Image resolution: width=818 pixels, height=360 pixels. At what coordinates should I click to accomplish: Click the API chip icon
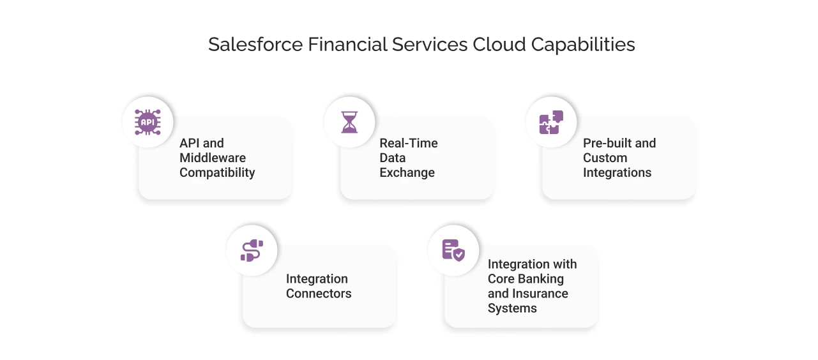click(x=148, y=122)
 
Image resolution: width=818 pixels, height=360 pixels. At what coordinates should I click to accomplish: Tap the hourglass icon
click(x=349, y=122)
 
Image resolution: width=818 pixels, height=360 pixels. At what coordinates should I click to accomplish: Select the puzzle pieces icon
click(x=551, y=122)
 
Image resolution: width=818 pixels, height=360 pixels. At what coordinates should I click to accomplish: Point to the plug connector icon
click(x=252, y=250)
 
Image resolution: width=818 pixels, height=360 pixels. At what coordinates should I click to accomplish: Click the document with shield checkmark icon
click(x=453, y=250)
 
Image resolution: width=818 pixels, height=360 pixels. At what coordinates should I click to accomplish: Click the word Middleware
click(x=213, y=158)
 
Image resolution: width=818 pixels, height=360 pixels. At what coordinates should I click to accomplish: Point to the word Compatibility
click(x=217, y=172)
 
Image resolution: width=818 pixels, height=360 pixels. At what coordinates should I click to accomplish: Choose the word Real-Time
click(x=409, y=143)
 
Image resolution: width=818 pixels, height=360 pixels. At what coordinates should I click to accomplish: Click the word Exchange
click(x=407, y=172)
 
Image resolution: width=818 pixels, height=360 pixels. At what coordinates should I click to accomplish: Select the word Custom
click(x=605, y=158)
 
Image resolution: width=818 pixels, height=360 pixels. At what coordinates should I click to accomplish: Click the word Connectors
click(x=319, y=294)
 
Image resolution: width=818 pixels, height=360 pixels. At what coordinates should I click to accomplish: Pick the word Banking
click(x=541, y=279)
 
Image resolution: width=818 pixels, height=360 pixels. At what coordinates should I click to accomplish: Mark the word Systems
click(x=512, y=308)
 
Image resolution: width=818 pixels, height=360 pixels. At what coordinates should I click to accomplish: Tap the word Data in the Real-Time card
click(x=393, y=158)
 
